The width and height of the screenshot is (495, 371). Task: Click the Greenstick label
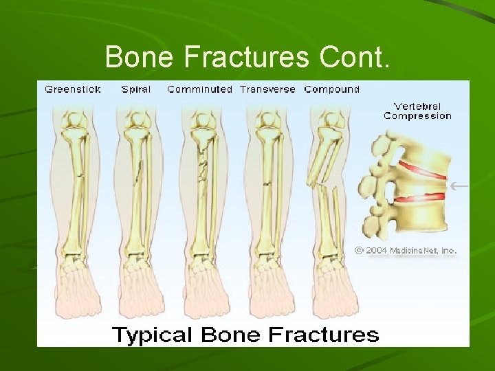tap(73, 89)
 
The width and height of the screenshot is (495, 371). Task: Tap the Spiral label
tap(135, 89)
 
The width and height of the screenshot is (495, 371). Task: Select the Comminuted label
tap(199, 89)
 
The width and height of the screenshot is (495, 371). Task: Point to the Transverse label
tap(267, 89)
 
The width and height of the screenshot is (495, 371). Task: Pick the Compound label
tap(331, 89)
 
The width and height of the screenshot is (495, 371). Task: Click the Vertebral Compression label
tap(417, 111)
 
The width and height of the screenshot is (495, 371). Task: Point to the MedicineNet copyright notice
tap(406, 251)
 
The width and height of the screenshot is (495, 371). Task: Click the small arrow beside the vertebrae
tap(459, 185)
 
